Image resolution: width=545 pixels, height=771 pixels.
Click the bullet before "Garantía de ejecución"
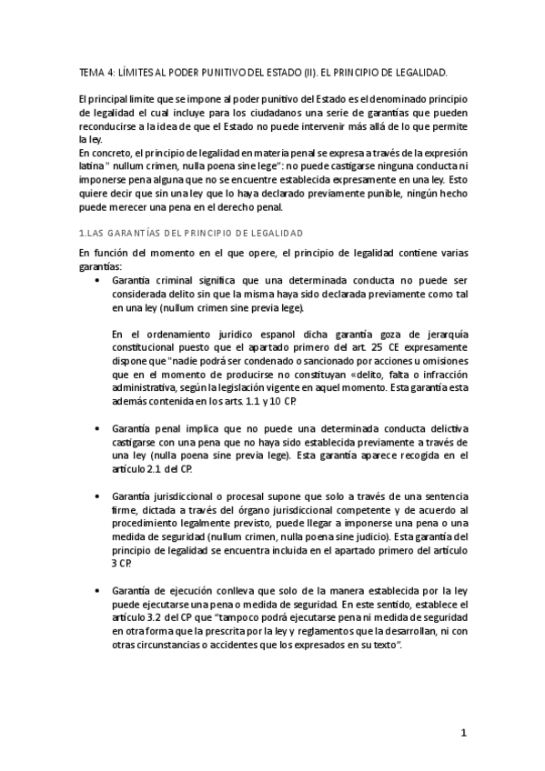(97, 591)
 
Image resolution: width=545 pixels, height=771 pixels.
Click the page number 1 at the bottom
(462, 734)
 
